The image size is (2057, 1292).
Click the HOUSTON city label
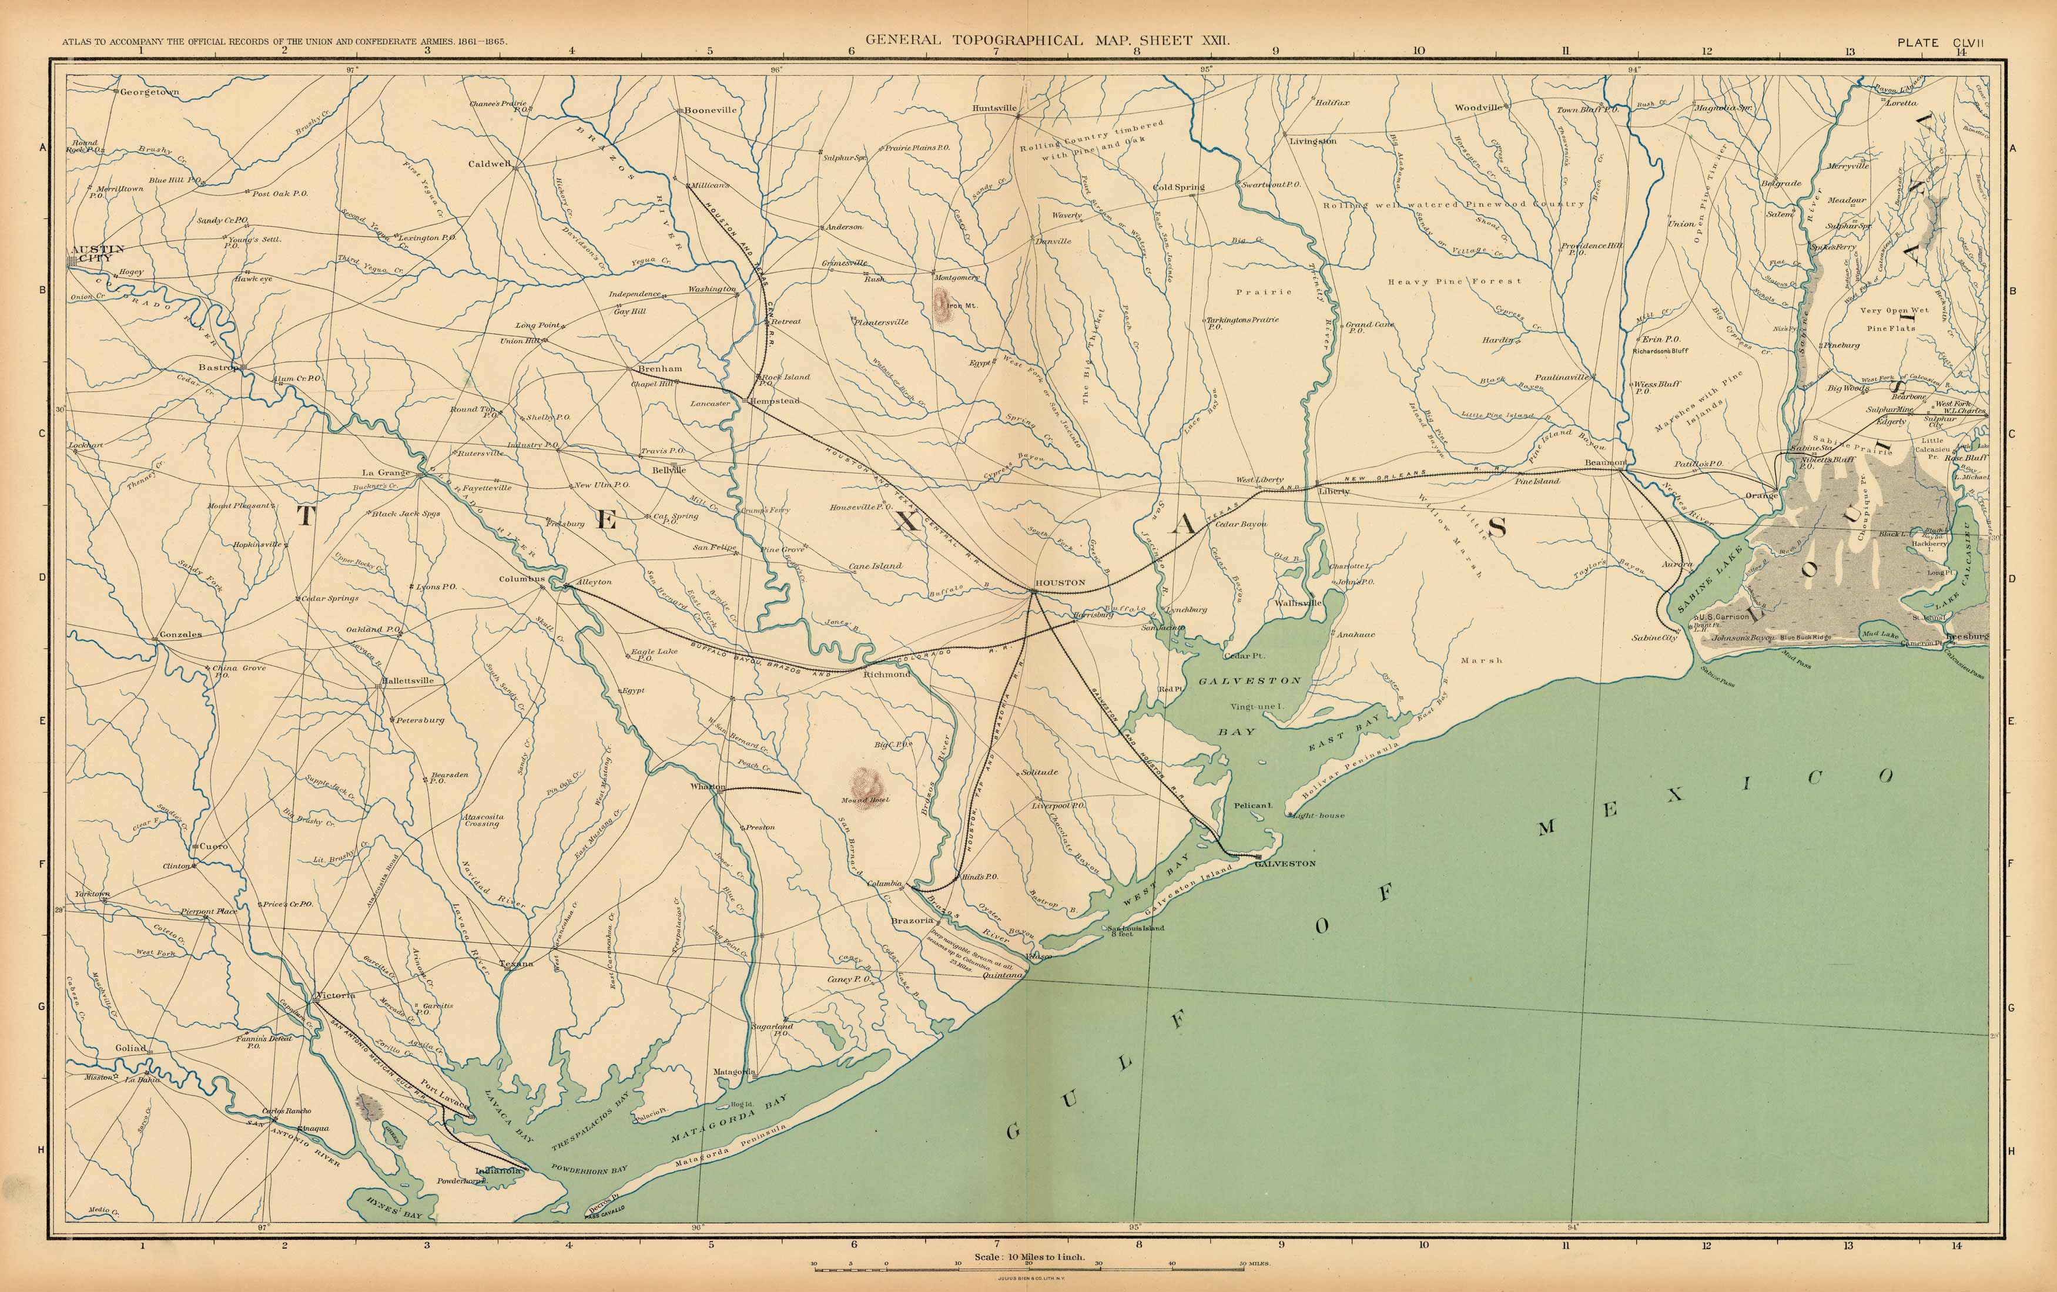[x=1060, y=582]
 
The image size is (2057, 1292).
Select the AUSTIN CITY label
[x=98, y=253]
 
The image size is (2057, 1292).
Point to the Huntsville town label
[x=994, y=109]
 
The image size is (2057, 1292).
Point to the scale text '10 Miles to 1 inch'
[x=1028, y=1257]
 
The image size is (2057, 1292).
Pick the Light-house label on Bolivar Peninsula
[x=1318, y=816]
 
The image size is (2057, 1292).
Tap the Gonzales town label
[x=180, y=635]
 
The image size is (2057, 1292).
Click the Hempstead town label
[x=775, y=401]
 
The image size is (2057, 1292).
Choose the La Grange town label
[x=386, y=472]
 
